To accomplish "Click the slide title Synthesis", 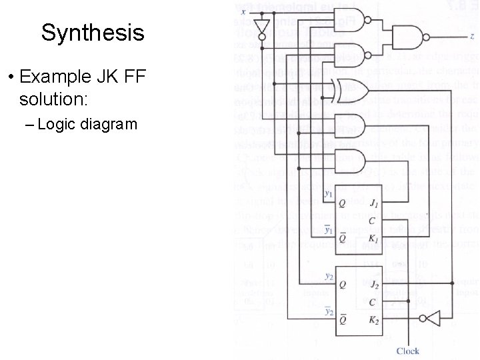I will pos(92,32).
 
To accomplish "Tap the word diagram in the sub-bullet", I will pos(111,124).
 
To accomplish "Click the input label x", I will pos(243,11).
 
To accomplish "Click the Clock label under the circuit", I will pos(408,351).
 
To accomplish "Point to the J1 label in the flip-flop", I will pos(375,204).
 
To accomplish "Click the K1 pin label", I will pos(375,238).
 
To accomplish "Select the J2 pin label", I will pos(375,285).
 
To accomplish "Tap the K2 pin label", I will pos(375,319).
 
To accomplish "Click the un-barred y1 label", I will pos(329,194).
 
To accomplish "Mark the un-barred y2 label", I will pos(329,275).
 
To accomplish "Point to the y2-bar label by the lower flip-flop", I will pos(329,311).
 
